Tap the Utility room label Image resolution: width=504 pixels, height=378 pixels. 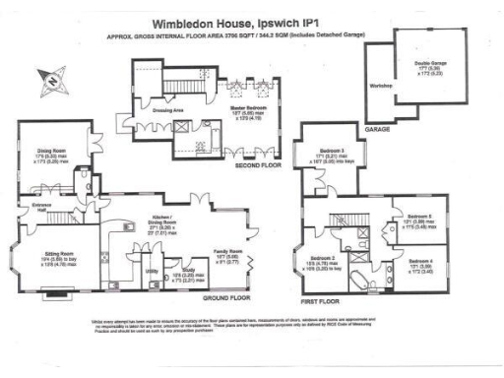152,268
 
